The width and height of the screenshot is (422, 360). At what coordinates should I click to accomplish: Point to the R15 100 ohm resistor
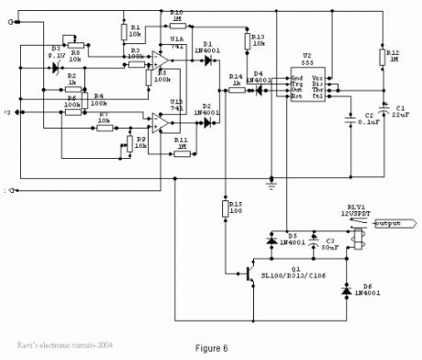click(224, 210)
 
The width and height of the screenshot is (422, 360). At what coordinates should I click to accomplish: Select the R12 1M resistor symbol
click(381, 57)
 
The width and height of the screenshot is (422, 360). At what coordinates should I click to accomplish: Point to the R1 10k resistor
click(123, 31)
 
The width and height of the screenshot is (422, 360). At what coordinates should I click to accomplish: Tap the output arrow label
click(383, 222)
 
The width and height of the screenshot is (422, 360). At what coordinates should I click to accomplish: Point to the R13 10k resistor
click(246, 41)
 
